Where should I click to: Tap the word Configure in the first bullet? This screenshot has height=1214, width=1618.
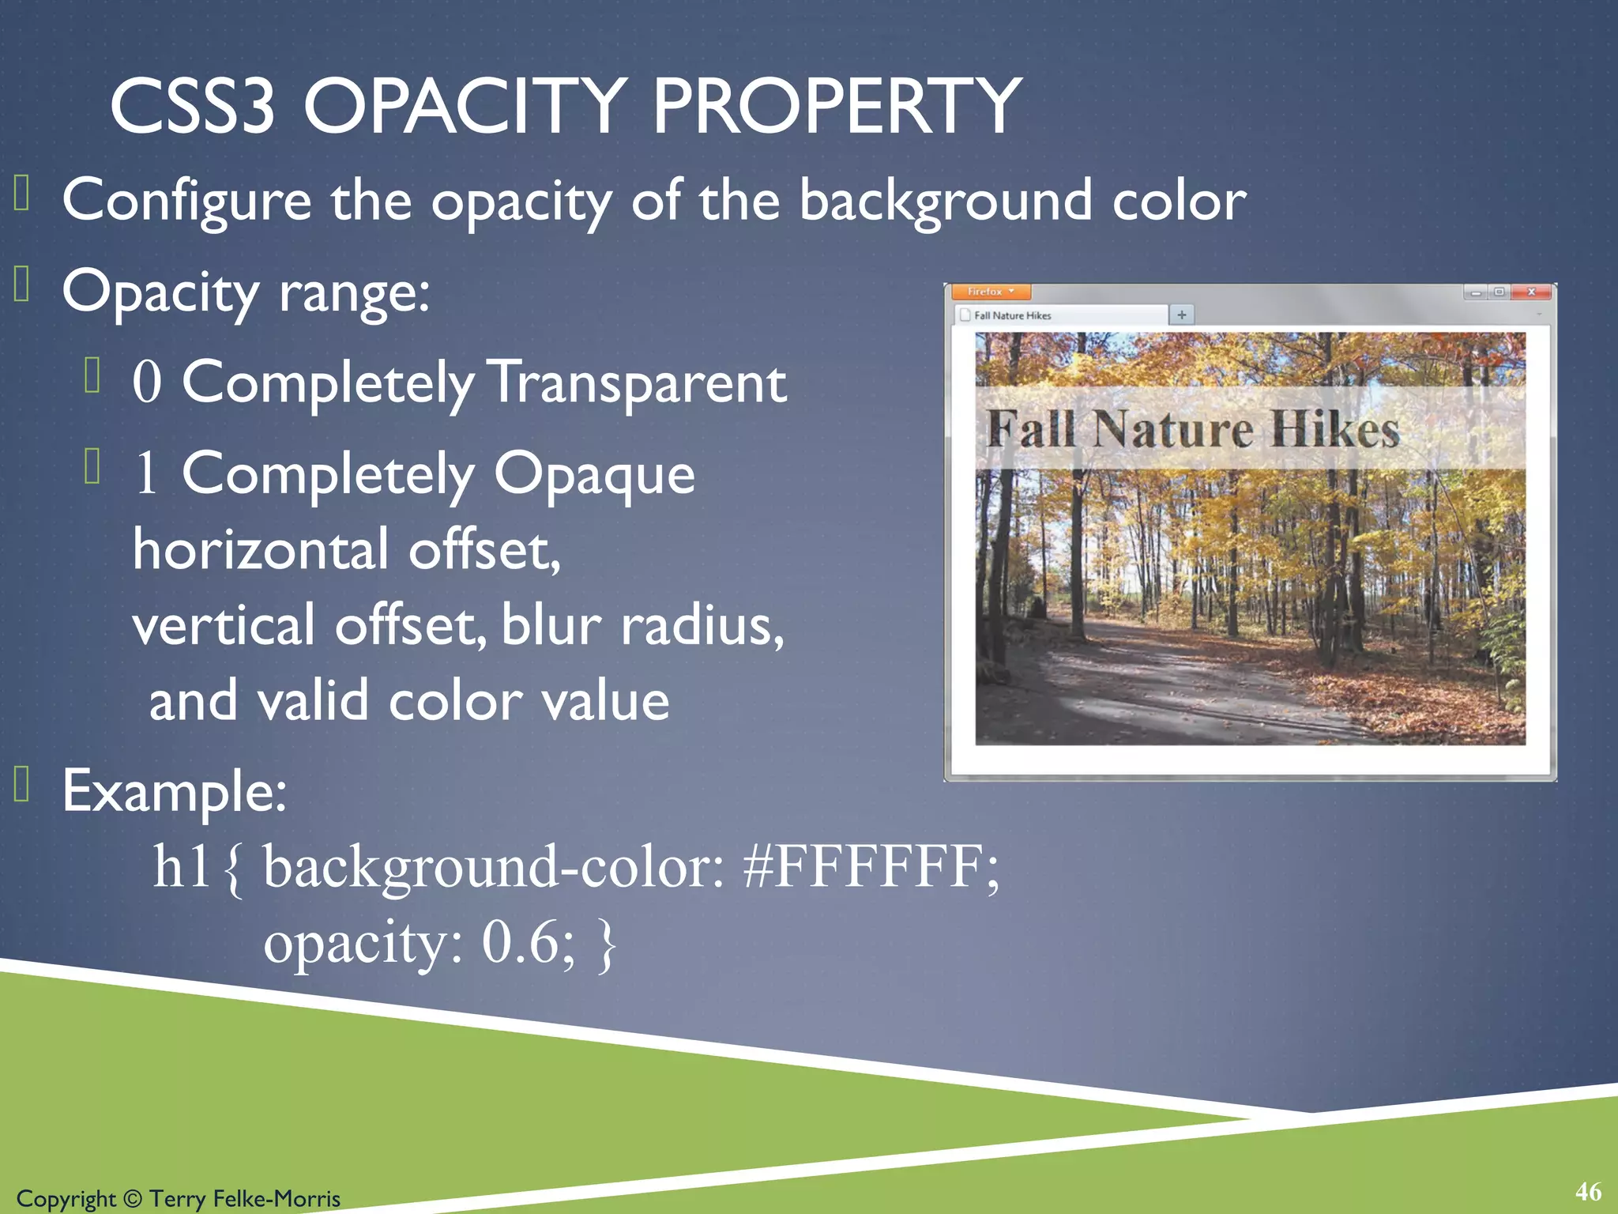tap(187, 201)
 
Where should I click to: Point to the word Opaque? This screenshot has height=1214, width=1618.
tap(594, 475)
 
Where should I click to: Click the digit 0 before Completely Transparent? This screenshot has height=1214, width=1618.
tap(147, 383)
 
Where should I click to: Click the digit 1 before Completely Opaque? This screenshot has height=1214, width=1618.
tap(147, 474)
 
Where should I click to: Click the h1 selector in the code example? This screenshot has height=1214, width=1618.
tap(182, 868)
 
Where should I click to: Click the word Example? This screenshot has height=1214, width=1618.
tap(174, 791)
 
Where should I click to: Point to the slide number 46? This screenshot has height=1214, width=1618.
tap(1588, 1192)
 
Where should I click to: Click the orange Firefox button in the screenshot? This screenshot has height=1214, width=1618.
tap(991, 292)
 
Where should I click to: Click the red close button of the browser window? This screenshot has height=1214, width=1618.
tap(1531, 292)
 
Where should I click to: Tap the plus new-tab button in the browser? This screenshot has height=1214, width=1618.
tap(1182, 315)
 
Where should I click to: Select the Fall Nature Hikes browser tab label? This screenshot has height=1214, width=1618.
tap(1013, 315)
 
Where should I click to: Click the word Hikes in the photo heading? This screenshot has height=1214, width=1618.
tap(1335, 431)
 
